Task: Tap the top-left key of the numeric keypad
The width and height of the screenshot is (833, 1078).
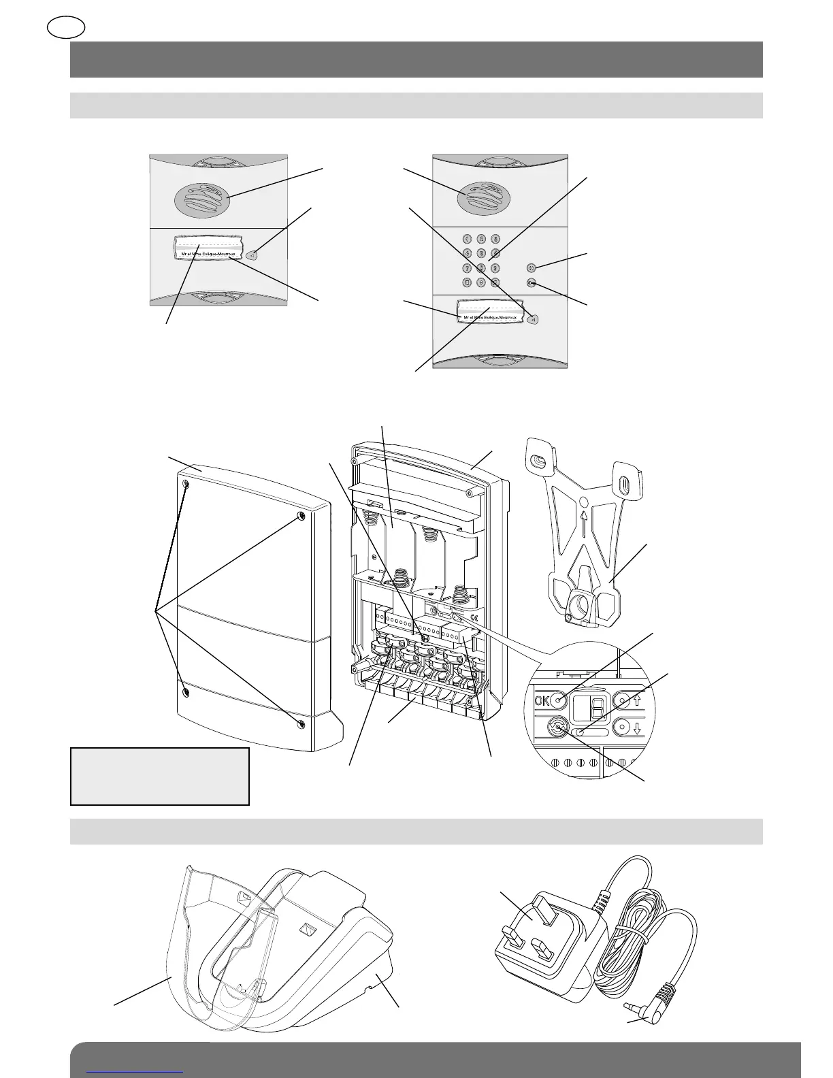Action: [x=467, y=239]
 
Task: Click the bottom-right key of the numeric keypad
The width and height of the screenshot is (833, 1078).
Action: [x=495, y=282]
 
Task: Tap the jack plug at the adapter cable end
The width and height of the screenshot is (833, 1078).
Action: [x=632, y=1005]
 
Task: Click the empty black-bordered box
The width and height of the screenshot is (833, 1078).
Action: [x=160, y=777]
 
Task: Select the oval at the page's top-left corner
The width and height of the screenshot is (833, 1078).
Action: [x=66, y=27]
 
